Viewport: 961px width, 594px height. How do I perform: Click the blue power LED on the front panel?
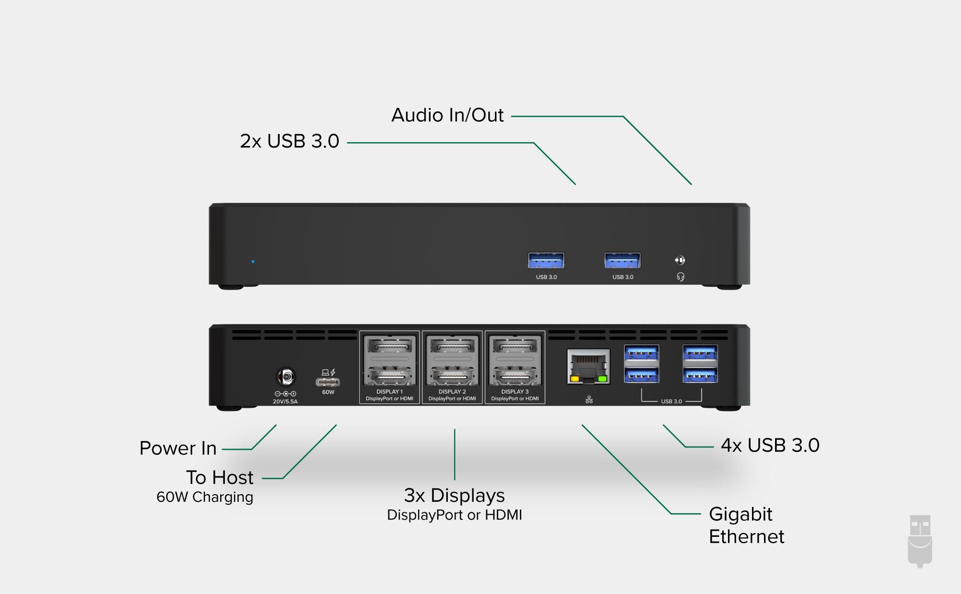[x=253, y=262]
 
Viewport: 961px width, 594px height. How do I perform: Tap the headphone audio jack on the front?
[x=680, y=260]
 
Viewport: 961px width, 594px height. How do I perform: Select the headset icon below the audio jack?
[x=680, y=277]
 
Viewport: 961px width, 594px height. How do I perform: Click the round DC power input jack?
[x=286, y=377]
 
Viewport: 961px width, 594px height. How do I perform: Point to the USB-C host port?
[x=328, y=382]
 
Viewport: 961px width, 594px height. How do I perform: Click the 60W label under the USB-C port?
[x=328, y=392]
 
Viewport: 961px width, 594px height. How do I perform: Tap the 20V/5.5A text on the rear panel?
[x=285, y=401]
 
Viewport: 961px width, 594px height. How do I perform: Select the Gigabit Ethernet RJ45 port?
[x=589, y=366]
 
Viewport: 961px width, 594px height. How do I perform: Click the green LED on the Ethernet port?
[x=603, y=379]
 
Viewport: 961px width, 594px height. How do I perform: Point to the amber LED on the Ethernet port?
[x=574, y=379]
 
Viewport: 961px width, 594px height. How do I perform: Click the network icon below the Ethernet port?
[x=589, y=400]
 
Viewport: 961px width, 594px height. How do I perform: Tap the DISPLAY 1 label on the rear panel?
[x=390, y=392]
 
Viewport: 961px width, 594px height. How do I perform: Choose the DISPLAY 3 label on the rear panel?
[x=515, y=392]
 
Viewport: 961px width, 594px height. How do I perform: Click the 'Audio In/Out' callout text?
[x=447, y=115]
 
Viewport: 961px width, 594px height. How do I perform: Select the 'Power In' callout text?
[x=178, y=448]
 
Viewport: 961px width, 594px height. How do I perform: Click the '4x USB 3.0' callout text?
[x=770, y=446]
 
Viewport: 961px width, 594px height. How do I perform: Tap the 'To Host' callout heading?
[x=220, y=477]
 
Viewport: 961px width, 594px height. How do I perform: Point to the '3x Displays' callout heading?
[x=455, y=495]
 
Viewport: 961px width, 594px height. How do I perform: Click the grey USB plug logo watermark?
[x=920, y=541]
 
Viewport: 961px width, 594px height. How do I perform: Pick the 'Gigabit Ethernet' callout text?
[x=746, y=525]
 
